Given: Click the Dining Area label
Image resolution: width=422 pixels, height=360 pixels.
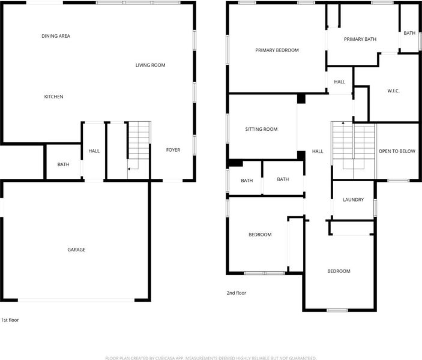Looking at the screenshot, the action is (x=56, y=36).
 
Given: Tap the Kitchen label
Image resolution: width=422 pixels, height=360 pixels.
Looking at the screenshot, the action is (x=53, y=97).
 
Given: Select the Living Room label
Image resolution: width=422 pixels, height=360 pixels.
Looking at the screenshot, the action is (x=150, y=65).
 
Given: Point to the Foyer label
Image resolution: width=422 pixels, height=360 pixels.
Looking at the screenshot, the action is (x=173, y=150).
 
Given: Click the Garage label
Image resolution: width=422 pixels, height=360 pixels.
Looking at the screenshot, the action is (x=76, y=250).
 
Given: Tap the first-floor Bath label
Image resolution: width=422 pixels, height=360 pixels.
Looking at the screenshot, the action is (x=63, y=164).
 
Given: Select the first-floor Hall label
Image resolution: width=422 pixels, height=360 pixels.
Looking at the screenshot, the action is (x=94, y=151).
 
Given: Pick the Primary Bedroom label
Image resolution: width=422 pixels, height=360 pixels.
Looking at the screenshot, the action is (x=277, y=50).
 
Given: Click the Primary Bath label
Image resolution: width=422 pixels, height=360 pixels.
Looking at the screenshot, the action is (x=360, y=39).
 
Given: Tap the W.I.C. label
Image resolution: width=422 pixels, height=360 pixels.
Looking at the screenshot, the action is (x=393, y=91).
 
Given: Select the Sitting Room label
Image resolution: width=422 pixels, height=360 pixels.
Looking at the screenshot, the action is (x=261, y=129).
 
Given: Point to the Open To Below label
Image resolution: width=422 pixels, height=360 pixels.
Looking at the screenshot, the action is (x=397, y=151).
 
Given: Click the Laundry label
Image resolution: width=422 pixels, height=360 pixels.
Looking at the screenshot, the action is (x=353, y=200).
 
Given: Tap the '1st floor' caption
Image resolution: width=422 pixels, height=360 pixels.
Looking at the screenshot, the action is (x=10, y=320).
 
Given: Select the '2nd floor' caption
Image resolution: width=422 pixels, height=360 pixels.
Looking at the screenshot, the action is (x=237, y=293).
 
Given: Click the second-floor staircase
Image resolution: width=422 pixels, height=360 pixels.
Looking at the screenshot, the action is (x=354, y=150).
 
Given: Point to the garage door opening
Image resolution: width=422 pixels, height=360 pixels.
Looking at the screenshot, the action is (x=76, y=300).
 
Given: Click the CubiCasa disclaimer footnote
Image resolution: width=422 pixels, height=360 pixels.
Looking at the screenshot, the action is (x=211, y=358).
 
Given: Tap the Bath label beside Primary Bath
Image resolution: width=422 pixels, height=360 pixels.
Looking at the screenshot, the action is (x=409, y=33).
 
